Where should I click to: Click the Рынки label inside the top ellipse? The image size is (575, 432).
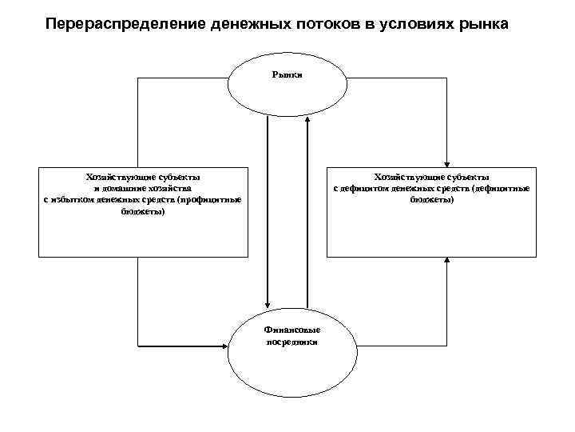pos(287,74)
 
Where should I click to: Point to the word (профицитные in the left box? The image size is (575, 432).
pos(210,198)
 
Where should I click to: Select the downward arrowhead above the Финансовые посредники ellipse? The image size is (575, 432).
pos(268,299)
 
